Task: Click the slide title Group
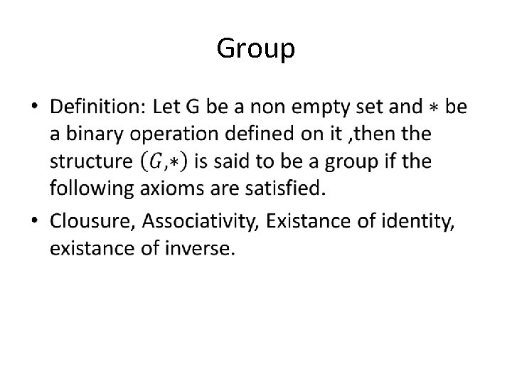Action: coord(255,48)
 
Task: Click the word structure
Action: coord(90,162)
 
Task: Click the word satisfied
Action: coord(289,189)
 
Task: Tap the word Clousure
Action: coord(91,222)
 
